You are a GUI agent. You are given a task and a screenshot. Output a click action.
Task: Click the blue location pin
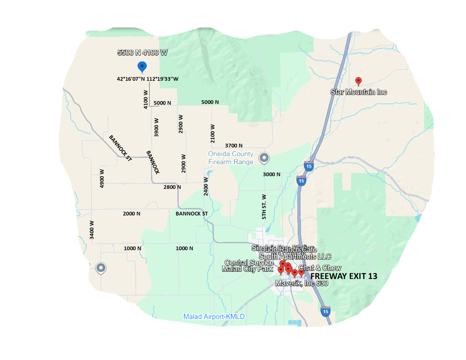142,67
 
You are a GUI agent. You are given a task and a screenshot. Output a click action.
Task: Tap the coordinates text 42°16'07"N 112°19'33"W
148,79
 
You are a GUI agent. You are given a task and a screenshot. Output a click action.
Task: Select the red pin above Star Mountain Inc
359,81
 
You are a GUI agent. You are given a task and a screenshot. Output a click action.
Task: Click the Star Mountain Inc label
359,92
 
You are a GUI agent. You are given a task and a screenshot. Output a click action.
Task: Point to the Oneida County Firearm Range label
231,158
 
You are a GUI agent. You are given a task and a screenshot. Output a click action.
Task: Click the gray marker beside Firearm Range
264,158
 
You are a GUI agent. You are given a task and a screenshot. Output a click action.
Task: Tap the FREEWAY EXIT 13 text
344,277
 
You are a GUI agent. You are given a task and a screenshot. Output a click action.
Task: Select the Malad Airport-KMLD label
214,317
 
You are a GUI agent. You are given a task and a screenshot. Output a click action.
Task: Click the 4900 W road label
102,178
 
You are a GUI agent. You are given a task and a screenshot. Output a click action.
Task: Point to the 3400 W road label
92,230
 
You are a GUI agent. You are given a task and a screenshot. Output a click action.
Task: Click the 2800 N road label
172,187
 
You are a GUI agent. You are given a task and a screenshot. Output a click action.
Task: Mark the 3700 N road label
233,146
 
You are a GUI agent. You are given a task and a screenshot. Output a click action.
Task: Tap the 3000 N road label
271,174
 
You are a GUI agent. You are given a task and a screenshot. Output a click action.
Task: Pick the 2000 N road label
132,214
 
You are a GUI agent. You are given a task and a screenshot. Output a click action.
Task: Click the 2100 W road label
213,134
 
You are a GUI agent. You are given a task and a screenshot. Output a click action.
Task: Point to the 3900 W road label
157,127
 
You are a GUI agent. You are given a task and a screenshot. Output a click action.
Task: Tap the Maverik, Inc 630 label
301,284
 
